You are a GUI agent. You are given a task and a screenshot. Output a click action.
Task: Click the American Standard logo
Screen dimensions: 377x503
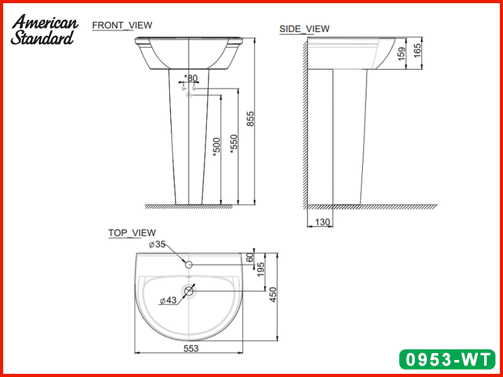44,30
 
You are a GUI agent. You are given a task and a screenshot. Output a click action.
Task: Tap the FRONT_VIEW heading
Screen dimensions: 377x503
122,25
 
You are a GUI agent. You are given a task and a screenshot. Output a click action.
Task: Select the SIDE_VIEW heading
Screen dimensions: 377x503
304,29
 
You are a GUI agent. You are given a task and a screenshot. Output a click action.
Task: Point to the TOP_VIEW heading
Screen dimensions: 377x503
132,232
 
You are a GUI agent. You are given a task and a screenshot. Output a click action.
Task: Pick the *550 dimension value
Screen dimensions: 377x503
235,145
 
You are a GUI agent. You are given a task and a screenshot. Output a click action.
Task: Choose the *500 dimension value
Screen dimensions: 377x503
216,147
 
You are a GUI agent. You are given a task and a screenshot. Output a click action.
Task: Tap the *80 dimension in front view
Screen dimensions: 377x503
191,79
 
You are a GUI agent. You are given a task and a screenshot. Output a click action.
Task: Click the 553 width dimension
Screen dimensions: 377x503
189,347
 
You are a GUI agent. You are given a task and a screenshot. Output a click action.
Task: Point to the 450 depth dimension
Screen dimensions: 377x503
273,295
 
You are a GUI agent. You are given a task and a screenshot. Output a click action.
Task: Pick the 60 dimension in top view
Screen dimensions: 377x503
250,256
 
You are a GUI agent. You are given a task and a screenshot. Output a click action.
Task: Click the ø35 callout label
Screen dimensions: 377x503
156,245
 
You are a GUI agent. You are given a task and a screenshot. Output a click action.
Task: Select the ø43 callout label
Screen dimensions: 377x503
167,301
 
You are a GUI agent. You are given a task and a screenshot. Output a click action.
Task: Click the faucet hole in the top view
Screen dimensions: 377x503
189,264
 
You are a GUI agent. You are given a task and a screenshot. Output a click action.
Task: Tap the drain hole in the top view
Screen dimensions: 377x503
189,291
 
